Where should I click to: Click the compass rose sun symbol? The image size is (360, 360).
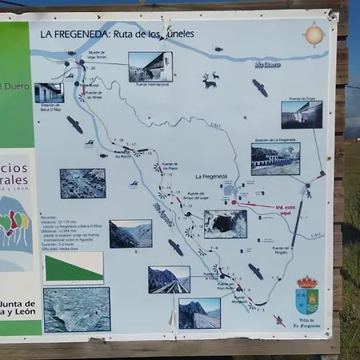pos(314,34)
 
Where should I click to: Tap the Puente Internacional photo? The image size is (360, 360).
pos(150,66)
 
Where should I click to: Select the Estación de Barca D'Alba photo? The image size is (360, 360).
pos(49,92)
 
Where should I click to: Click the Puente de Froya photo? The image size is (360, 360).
pos(302,114)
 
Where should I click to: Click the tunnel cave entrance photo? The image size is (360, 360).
pos(225,224)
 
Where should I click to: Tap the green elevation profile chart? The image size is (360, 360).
pos(73,267)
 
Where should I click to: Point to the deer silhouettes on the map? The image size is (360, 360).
pos(210,80)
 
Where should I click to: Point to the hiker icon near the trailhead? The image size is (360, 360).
pos(308,192)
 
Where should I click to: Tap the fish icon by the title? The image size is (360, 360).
pos(218,49)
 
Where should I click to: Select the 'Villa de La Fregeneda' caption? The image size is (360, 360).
pos(306,322)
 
